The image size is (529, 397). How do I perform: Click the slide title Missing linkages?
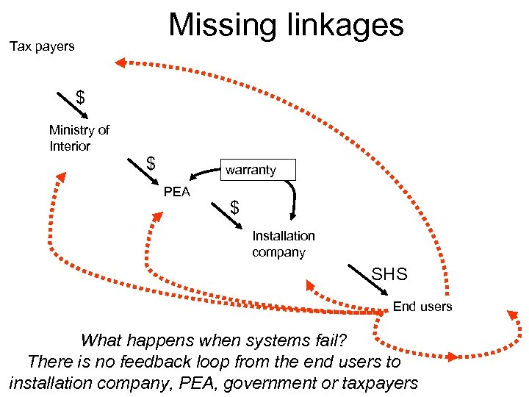coord(286,24)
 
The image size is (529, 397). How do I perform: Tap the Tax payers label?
coord(42,46)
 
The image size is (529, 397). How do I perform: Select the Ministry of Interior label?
coord(79,138)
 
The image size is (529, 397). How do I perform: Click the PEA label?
coord(177,192)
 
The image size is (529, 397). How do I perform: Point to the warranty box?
coord(251,170)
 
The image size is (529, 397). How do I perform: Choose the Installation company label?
coord(283,244)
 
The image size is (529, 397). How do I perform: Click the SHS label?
coord(389,274)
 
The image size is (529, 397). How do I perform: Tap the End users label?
coord(422,306)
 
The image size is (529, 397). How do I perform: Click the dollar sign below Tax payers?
coord(80,96)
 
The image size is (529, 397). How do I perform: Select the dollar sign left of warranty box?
coord(150,162)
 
